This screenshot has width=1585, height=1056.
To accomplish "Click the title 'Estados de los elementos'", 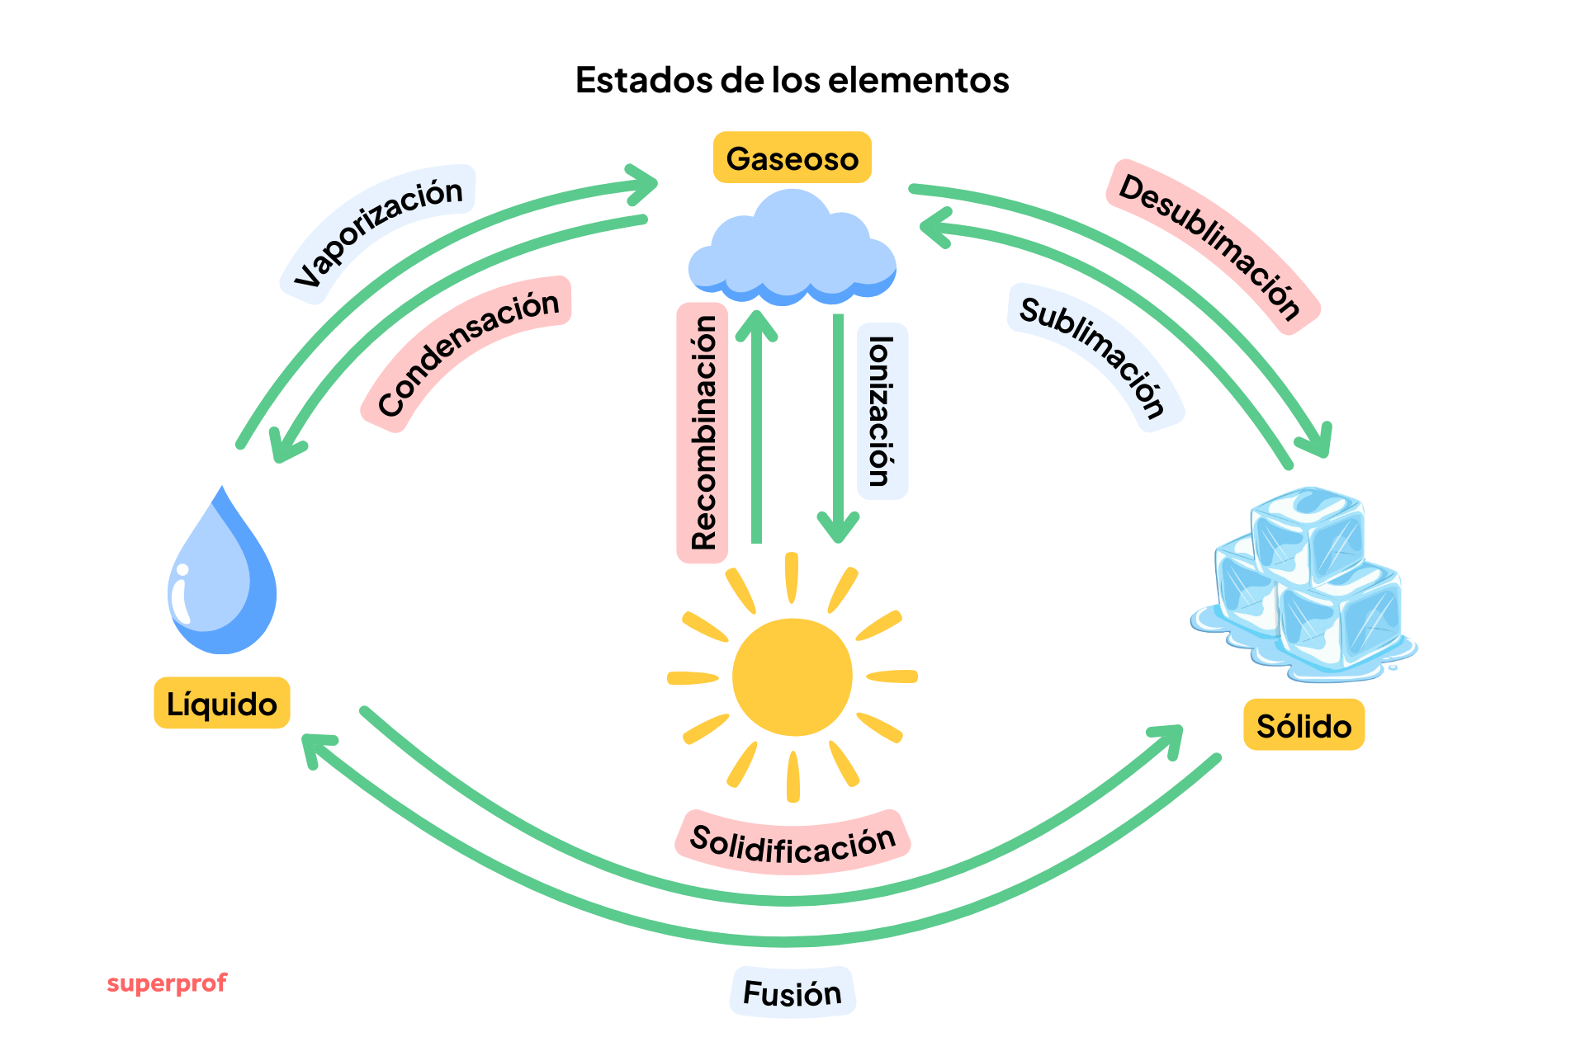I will pyautogui.click(x=792, y=80).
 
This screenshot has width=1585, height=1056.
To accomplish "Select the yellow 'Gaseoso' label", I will pyautogui.click(x=792, y=158).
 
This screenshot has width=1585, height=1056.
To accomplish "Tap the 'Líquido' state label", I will pyautogui.click(x=221, y=704).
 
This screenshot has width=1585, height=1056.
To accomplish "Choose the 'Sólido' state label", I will pyautogui.click(x=1303, y=725).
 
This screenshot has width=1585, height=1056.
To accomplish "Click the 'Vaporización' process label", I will pyautogui.click(x=379, y=232).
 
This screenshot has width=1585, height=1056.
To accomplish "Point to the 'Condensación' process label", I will pyautogui.click(x=467, y=352).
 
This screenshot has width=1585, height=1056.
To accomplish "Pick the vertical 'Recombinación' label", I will pyautogui.click(x=703, y=433).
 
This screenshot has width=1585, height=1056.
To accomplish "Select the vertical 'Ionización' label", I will pyautogui.click(x=882, y=411).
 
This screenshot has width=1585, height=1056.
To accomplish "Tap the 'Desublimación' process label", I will pyautogui.click(x=1211, y=246).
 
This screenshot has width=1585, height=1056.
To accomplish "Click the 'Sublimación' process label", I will pyautogui.click(x=1094, y=356).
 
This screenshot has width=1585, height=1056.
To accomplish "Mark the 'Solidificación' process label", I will pyautogui.click(x=792, y=842).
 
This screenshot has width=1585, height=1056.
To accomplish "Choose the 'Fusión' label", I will pyautogui.click(x=792, y=992).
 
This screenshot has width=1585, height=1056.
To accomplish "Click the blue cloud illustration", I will pyautogui.click(x=792, y=247).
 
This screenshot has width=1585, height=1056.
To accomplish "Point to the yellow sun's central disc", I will pyautogui.click(x=792, y=676).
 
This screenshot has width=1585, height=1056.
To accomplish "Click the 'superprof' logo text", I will pyautogui.click(x=167, y=983).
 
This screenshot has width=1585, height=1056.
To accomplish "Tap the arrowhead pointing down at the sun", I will pyautogui.click(x=838, y=528).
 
